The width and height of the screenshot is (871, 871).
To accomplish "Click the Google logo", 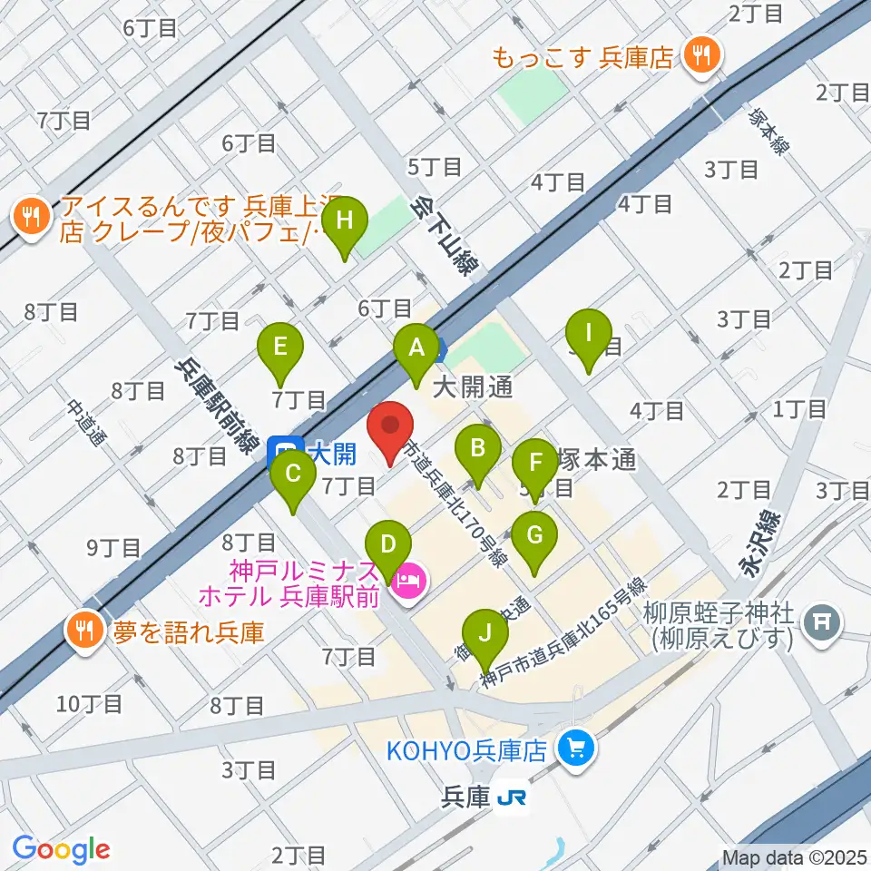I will pyautogui.click(x=62, y=850).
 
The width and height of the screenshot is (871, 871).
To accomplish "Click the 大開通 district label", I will pyautogui.click(x=473, y=389).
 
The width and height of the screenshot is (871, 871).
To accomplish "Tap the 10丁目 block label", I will pyautogui.click(x=90, y=703).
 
